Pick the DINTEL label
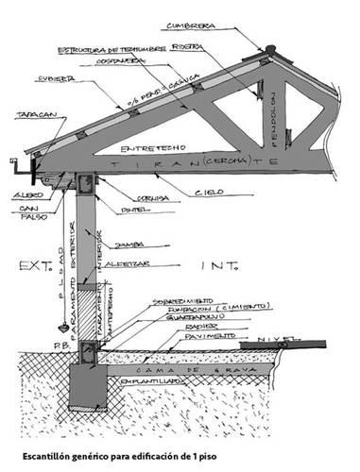click(133, 210)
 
